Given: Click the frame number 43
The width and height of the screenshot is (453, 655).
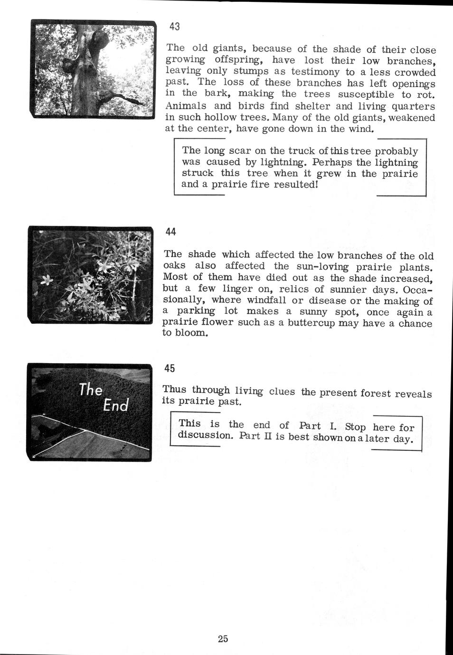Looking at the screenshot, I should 175,27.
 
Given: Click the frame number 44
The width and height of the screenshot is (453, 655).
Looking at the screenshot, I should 170,232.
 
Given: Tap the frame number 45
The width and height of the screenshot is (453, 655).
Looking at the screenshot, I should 170,368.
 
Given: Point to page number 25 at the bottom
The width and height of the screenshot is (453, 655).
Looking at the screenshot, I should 223,638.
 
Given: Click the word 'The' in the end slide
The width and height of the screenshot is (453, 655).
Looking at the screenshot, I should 91,390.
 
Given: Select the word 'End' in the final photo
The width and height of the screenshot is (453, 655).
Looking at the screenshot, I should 115,406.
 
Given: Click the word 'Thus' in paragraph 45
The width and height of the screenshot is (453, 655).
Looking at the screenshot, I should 174,390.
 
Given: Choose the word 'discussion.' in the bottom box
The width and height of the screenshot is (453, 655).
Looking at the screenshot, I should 206,435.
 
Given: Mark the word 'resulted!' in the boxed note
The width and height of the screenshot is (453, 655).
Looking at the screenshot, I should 295,184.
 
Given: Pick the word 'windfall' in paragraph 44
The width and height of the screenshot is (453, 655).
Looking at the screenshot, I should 267,300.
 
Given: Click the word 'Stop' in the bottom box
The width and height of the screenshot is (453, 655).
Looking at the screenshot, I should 355,427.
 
